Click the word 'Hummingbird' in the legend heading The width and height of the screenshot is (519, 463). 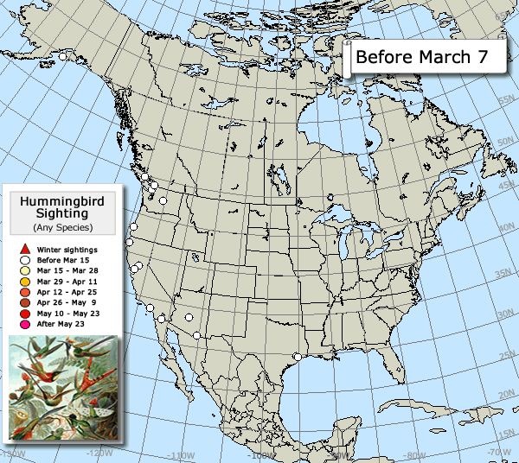coord(62,201)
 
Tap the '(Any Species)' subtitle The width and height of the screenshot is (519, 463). coord(62,227)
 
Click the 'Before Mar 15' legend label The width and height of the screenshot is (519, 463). coord(60,260)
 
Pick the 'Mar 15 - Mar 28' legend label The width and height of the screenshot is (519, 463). coord(63,271)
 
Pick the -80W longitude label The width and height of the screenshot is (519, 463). coord(414,455)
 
